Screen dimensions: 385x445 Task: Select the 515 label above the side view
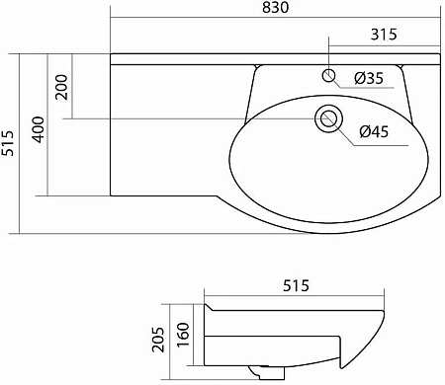click(296, 286)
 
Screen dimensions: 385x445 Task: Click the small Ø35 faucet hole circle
click(329, 75)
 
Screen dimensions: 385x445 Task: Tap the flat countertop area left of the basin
click(168, 128)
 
